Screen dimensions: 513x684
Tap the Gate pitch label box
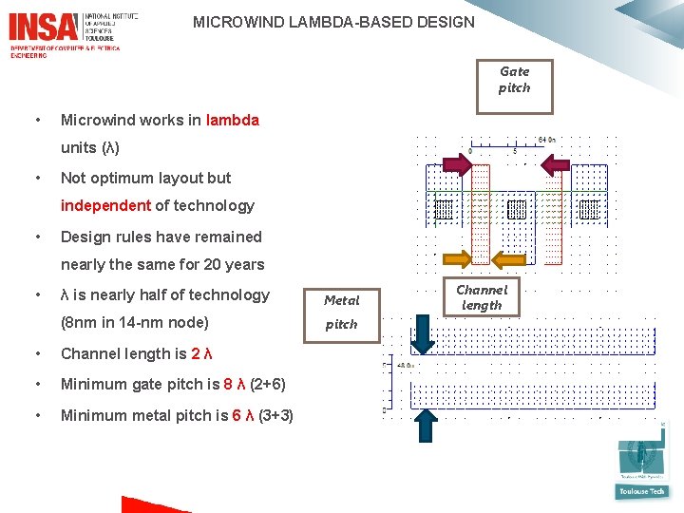[514, 80]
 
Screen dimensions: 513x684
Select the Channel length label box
[482, 297]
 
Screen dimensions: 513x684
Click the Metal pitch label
[342, 312]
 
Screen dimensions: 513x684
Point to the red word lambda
[232, 120]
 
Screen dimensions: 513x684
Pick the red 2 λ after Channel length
[201, 353]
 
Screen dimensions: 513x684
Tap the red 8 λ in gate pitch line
[234, 384]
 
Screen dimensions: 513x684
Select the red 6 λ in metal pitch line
[242, 415]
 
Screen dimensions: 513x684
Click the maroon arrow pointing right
[456, 166]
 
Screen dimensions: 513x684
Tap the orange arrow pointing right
[457, 257]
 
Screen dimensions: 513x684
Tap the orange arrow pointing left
[556, 257]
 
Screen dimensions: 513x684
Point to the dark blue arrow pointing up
[427, 426]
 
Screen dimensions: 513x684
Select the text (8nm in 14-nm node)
[134, 322]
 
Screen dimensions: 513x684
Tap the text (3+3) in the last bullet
[275, 415]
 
